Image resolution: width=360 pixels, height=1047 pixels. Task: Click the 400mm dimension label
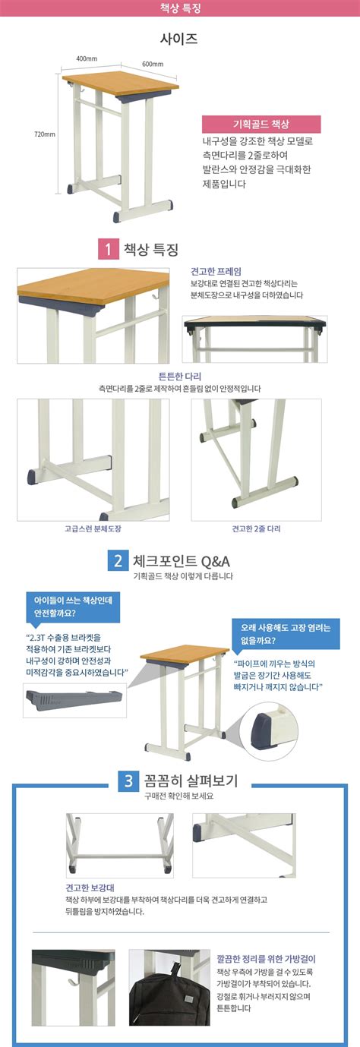click(x=86, y=58)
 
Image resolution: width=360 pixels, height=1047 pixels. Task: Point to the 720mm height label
click(x=45, y=134)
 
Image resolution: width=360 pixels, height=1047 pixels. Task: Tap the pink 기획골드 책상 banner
click(x=261, y=125)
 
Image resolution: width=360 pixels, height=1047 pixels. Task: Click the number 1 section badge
click(x=108, y=249)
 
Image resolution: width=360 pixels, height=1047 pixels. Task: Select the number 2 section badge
click(x=118, y=561)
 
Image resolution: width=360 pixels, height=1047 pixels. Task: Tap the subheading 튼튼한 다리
click(x=179, y=376)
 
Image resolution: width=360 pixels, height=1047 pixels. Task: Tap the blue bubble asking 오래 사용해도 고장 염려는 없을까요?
click(x=286, y=634)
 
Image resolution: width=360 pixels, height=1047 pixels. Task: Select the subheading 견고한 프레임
click(x=216, y=270)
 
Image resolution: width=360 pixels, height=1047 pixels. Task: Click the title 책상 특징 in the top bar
click(x=180, y=9)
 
